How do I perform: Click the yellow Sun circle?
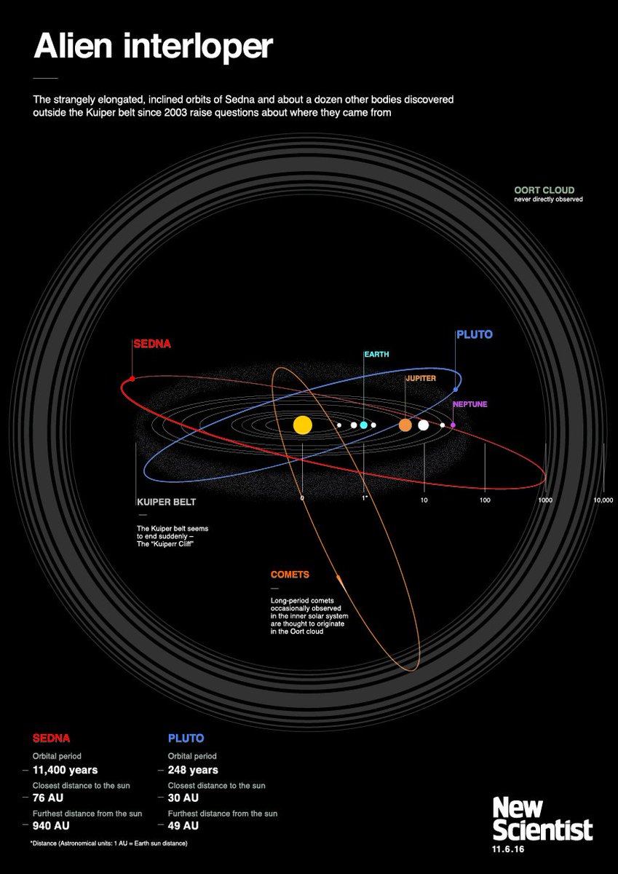[302, 425]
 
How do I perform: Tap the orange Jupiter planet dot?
[405, 425]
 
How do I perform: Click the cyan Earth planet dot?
[363, 425]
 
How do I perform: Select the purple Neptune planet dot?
[453, 425]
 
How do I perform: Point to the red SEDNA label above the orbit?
[151, 344]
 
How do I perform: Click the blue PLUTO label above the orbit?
[474, 335]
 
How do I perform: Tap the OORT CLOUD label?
[544, 191]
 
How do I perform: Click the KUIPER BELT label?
[166, 503]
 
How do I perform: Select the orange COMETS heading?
[290, 575]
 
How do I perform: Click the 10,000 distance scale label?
[603, 500]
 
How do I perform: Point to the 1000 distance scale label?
[545, 500]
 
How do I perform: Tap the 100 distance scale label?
[485, 500]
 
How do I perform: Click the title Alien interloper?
[153, 47]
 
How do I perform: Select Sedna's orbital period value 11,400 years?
[66, 770]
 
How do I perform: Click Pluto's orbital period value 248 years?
[193, 770]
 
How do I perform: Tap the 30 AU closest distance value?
[183, 798]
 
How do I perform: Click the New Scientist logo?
[542, 819]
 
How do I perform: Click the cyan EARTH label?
[377, 355]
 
